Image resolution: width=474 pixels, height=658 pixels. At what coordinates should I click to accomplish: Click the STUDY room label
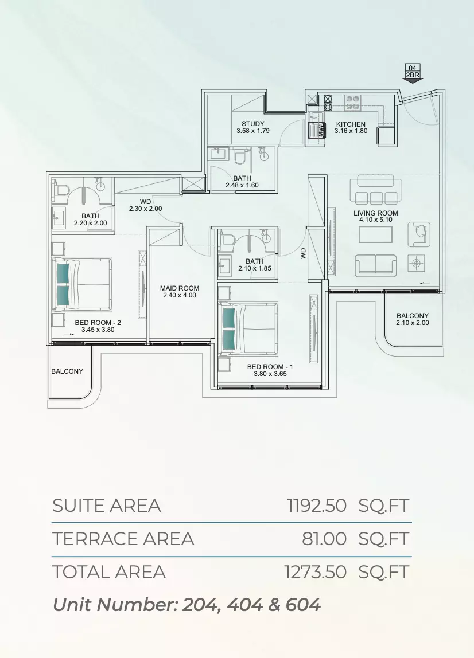pos(253,124)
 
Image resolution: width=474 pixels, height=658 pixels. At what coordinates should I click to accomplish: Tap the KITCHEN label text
pos(351,124)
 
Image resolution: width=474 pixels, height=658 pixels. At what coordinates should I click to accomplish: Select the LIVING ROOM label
pos(376,213)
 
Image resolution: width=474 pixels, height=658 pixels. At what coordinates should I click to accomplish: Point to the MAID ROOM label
pos(180,288)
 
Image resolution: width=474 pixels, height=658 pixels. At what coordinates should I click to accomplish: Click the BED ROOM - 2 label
pos(98,323)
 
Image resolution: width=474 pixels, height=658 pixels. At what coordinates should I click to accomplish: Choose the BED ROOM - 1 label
pos(270,367)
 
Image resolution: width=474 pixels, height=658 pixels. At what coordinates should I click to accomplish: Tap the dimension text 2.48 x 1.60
pos(242,185)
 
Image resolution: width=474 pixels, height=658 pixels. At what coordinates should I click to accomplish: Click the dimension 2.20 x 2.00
pos(90,224)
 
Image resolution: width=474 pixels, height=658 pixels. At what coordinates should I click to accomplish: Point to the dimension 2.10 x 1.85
pos(255,269)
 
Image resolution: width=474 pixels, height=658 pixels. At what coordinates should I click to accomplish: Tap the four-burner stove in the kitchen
pos(352,103)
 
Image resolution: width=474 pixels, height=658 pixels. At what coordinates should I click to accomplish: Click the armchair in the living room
pos(419,234)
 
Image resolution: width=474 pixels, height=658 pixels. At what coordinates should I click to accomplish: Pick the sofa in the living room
pos(376,265)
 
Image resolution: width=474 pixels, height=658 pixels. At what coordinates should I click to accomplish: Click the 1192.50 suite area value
pos(317,506)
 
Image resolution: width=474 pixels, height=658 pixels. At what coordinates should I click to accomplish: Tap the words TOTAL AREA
pos(109,573)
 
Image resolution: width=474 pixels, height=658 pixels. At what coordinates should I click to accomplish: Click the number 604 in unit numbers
pos(303,605)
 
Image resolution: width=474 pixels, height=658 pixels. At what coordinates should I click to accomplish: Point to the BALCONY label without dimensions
pos(67,371)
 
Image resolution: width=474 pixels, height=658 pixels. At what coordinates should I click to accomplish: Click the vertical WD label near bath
pos(304,253)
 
